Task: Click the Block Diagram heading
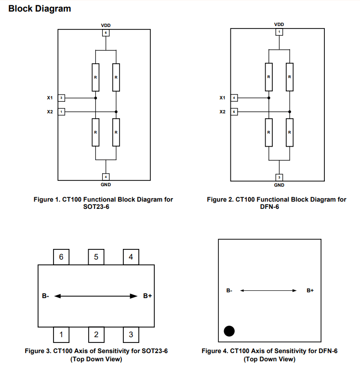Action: (40, 9)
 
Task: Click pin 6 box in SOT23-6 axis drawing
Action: (61, 257)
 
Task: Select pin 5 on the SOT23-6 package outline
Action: (96, 257)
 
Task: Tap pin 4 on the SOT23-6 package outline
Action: (131, 257)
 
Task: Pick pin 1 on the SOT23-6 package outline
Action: (61, 334)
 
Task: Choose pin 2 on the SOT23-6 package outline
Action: (96, 334)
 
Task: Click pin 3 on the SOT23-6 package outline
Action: (131, 334)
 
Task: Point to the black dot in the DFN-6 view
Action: (229, 331)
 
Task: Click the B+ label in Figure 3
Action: (147, 296)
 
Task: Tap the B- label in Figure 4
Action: (229, 290)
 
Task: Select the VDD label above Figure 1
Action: (106, 25)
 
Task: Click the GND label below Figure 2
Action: (279, 185)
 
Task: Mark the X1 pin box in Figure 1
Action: (61, 98)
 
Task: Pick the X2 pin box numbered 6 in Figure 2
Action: (234, 111)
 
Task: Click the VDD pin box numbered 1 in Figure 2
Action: (279, 32)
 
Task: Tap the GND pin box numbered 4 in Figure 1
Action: (106, 176)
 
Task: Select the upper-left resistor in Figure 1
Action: (95, 77)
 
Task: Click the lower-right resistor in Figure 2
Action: (289, 132)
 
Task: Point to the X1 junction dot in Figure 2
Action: (268, 98)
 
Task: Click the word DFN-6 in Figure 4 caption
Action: (327, 351)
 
